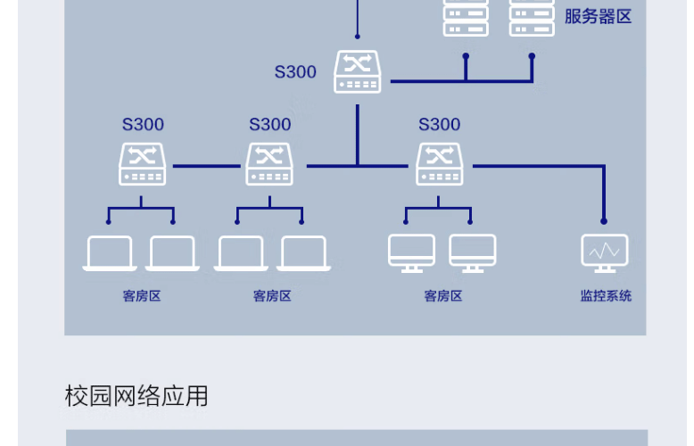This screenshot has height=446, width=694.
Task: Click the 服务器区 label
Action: point(598,17)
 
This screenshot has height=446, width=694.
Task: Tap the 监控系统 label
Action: point(606,295)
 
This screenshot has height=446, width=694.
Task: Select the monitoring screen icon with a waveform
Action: point(605,253)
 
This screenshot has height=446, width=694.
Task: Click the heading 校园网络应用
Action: point(136,395)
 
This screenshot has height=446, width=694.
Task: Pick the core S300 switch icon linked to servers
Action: point(357,71)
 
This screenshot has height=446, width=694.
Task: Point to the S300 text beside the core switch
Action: point(295,71)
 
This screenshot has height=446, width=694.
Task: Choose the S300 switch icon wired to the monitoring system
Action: point(440,164)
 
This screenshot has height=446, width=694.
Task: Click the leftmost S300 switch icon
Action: point(143,164)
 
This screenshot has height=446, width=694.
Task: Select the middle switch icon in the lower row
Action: point(269,164)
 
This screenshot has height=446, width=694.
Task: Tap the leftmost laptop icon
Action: point(110,253)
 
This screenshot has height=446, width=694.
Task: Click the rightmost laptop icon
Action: point(303,253)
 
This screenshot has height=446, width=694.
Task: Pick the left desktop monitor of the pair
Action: point(411,253)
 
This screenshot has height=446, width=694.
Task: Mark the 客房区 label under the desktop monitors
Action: point(443,295)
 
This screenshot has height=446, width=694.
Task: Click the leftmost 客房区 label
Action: point(142,295)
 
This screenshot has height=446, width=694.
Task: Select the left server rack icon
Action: point(466,18)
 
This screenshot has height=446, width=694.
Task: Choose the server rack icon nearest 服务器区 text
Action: point(532,18)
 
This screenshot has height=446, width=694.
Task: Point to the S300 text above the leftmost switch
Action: point(143,124)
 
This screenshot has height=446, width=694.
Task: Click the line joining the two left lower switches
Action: point(207,166)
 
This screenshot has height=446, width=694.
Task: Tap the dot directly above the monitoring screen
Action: point(604,221)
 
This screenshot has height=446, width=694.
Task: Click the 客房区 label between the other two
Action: point(272,295)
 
